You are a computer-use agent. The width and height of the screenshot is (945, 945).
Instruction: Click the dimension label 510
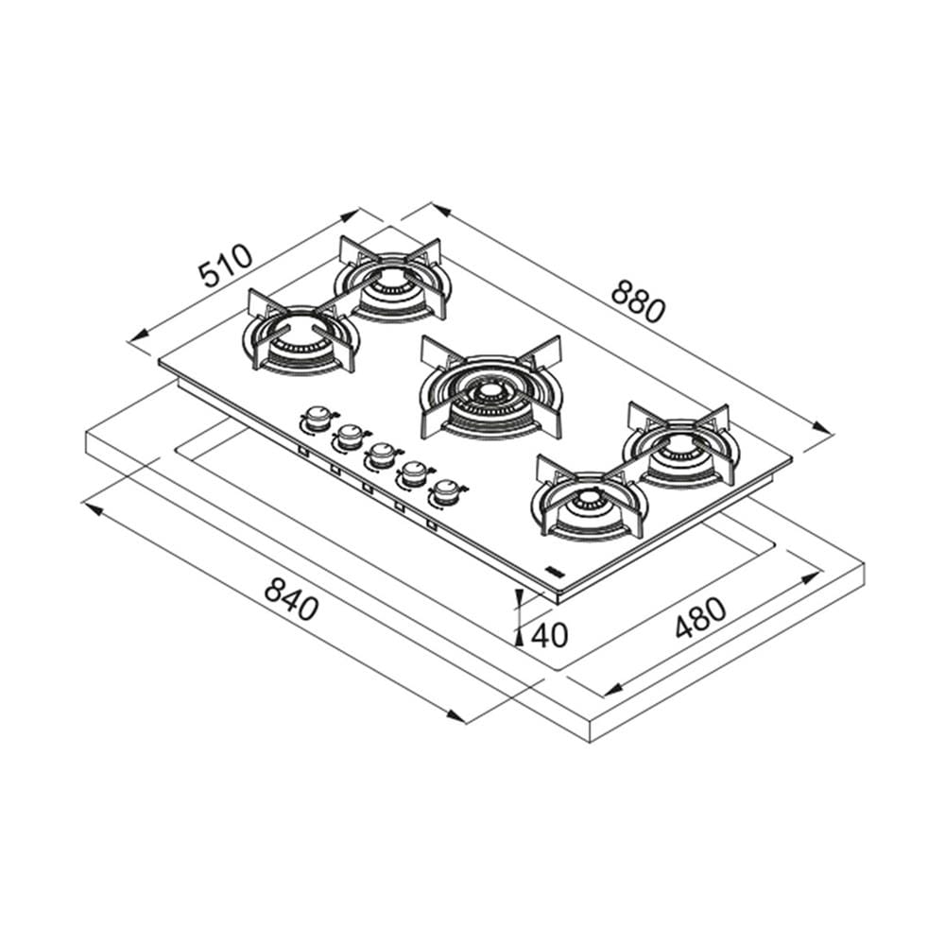tap(226, 266)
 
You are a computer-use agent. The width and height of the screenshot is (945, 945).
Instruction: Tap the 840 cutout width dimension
tap(291, 599)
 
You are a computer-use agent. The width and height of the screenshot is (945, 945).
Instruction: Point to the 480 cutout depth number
tap(700, 617)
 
